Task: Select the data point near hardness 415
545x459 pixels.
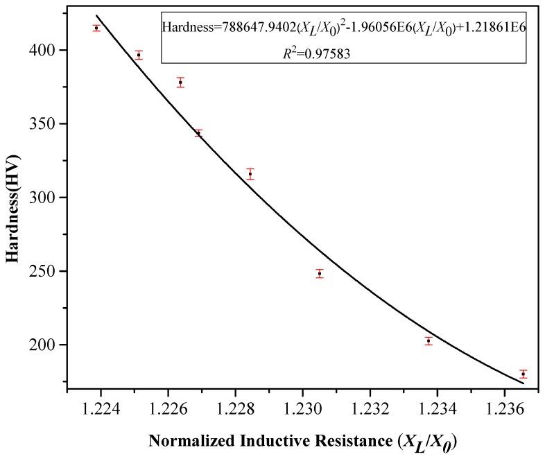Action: click(96, 28)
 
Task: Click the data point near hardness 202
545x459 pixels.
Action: click(429, 340)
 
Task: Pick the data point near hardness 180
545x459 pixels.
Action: click(524, 374)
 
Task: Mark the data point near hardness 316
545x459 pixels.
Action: click(250, 173)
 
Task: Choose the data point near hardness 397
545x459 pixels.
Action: click(139, 55)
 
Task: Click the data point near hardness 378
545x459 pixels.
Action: click(180, 82)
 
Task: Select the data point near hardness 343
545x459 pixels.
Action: click(198, 132)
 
